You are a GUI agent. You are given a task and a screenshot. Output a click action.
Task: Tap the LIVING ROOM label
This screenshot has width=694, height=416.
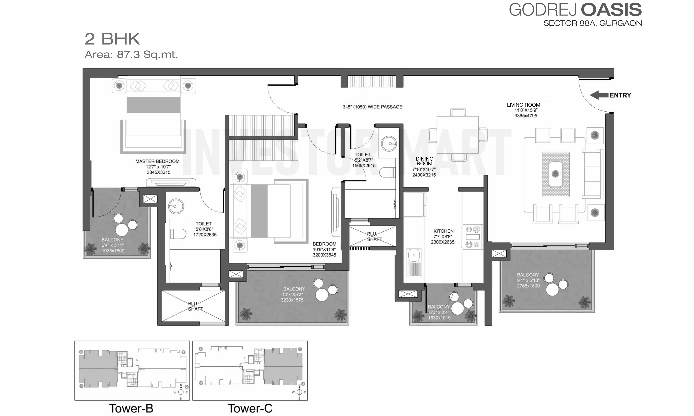point(523,105)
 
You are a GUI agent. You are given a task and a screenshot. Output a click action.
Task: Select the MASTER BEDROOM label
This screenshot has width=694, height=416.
point(157,162)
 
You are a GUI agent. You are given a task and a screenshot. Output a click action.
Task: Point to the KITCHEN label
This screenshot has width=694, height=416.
point(443,231)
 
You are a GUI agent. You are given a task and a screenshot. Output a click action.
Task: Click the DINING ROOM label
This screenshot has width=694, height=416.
point(424,161)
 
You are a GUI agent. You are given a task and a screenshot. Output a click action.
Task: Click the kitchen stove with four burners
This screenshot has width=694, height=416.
point(473,237)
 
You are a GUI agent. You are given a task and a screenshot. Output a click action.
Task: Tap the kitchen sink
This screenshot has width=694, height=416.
point(414,262)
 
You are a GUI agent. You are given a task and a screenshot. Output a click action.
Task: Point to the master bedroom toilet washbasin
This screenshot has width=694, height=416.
point(176,206)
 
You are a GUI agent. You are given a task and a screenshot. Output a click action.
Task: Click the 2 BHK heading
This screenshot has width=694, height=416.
point(112,39)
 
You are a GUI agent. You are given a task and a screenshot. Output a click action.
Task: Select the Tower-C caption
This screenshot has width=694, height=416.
point(250,408)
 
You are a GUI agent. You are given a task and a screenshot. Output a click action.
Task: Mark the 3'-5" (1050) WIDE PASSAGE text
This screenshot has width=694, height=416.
point(373,107)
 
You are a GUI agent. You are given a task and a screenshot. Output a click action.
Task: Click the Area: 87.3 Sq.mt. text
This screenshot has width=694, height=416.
point(131,54)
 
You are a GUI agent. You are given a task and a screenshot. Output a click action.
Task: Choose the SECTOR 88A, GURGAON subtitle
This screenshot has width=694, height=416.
point(593,23)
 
